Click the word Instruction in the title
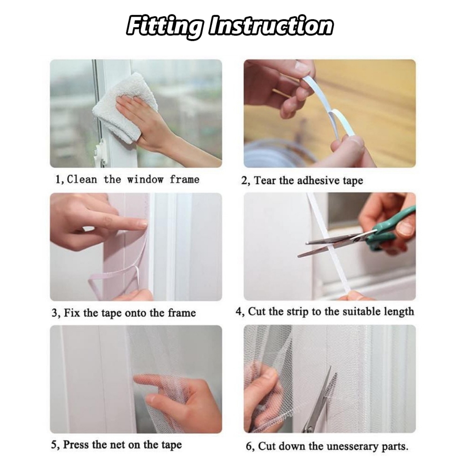click(271, 25)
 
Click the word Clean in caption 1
click(82, 179)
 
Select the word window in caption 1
click(145, 179)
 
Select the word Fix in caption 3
click(71, 313)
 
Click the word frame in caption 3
click(182, 313)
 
